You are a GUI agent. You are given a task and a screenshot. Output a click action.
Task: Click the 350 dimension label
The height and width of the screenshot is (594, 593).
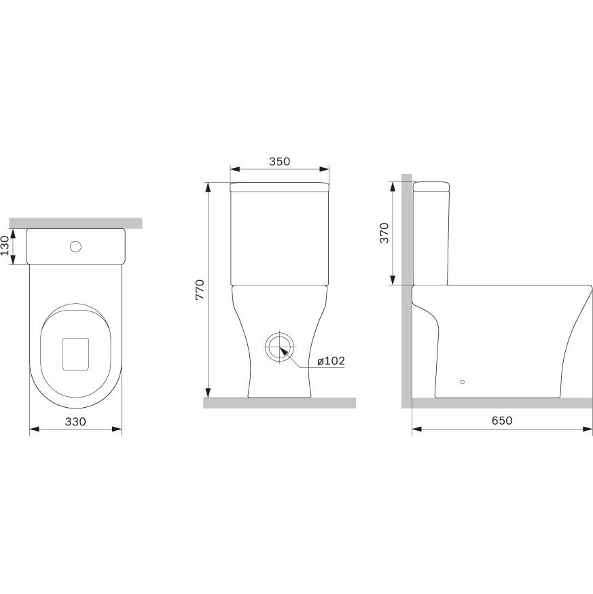tap(279, 161)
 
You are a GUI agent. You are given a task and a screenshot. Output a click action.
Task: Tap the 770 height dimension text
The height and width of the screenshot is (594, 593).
tap(200, 290)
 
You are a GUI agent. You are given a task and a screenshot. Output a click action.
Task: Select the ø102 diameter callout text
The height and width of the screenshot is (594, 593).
tap(331, 361)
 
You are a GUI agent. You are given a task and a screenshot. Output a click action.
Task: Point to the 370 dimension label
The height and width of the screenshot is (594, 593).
tap(384, 233)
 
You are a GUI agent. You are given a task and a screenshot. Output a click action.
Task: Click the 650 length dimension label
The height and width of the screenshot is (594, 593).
tap(502, 421)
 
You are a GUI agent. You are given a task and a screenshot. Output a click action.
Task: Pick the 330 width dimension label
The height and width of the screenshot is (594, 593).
tap(75, 421)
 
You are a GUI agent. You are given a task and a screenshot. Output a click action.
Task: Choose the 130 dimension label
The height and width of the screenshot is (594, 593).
tap(5, 245)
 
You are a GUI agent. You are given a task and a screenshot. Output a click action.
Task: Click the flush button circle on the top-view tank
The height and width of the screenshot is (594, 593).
tap(75, 247)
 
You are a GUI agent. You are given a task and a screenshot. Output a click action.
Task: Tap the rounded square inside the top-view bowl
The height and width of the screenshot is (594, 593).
tap(75, 354)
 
